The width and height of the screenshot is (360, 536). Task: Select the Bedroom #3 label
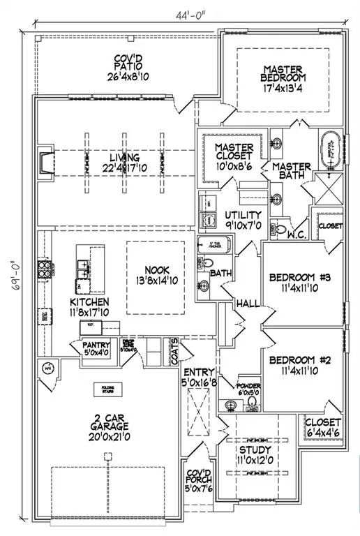click(x=300, y=278)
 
